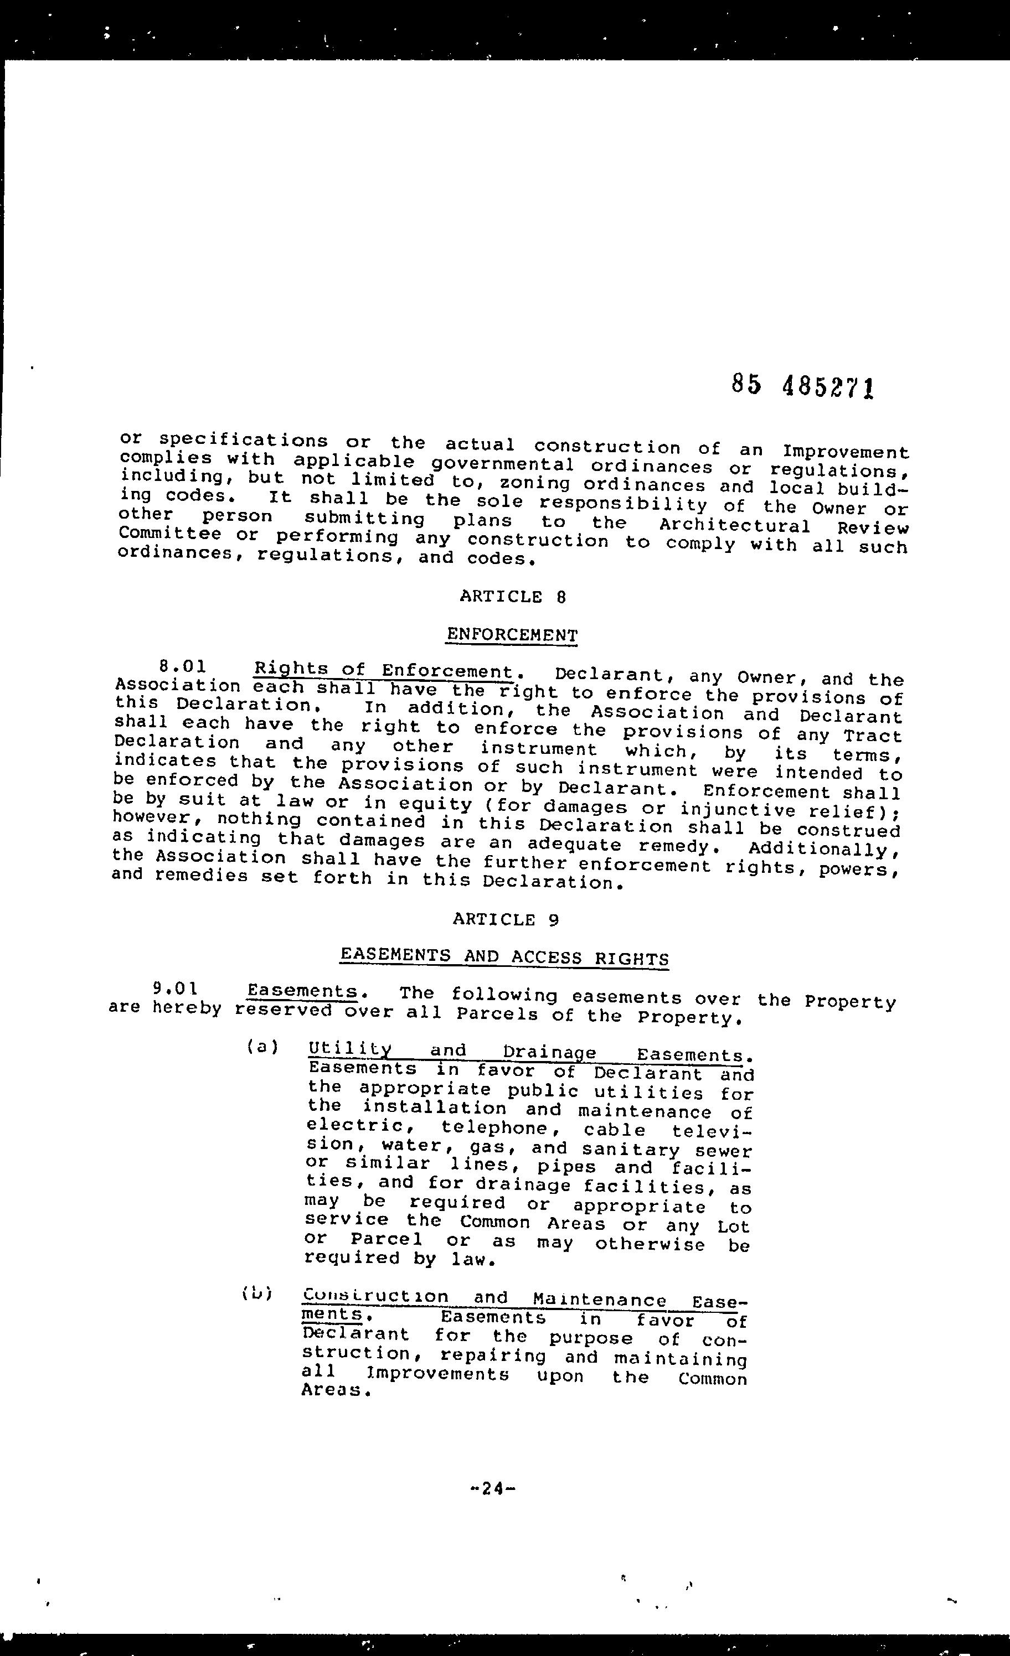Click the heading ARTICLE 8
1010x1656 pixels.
point(512,597)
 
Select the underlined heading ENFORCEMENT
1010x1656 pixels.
point(512,635)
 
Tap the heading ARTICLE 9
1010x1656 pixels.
point(506,919)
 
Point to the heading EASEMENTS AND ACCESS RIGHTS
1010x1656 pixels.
point(504,956)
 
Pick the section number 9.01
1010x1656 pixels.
point(176,989)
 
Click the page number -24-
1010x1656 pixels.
point(494,1488)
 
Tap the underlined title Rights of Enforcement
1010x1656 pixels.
point(383,671)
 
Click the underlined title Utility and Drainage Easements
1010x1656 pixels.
point(524,1052)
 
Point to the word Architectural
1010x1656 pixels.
point(734,526)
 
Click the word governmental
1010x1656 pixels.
point(502,464)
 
